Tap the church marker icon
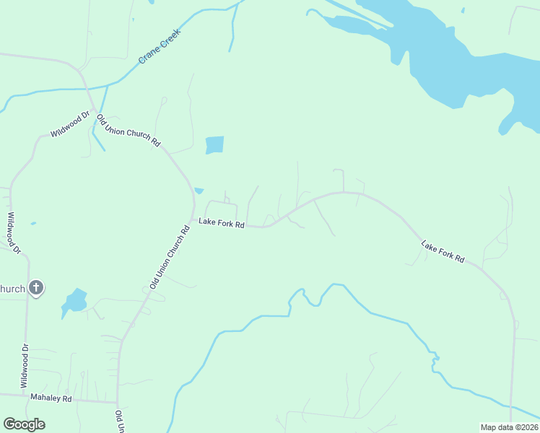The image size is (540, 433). pyautogui.click(x=36, y=289)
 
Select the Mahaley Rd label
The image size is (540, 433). pyautogui.click(x=51, y=398)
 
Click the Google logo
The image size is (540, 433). pyautogui.click(x=24, y=424)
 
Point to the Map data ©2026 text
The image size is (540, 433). pyautogui.click(x=509, y=427)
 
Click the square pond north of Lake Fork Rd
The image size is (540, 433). pyautogui.click(x=214, y=145)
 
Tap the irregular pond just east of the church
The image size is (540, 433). pyautogui.click(x=74, y=301)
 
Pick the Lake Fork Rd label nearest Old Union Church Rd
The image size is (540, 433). pyautogui.click(x=222, y=224)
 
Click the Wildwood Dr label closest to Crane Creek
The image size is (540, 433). pyautogui.click(x=69, y=123)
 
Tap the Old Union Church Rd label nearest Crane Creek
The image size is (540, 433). pyautogui.click(x=129, y=131)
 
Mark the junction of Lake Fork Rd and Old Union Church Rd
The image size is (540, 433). pyautogui.click(x=192, y=219)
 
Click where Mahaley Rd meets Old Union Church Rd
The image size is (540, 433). pyautogui.click(x=117, y=401)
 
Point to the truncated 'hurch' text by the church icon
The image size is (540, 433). pyautogui.click(x=12, y=289)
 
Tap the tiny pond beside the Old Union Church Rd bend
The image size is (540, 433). pyautogui.click(x=199, y=191)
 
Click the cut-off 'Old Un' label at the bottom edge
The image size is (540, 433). pyautogui.click(x=119, y=421)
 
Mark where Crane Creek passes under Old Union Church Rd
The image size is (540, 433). pyautogui.click(x=88, y=89)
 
